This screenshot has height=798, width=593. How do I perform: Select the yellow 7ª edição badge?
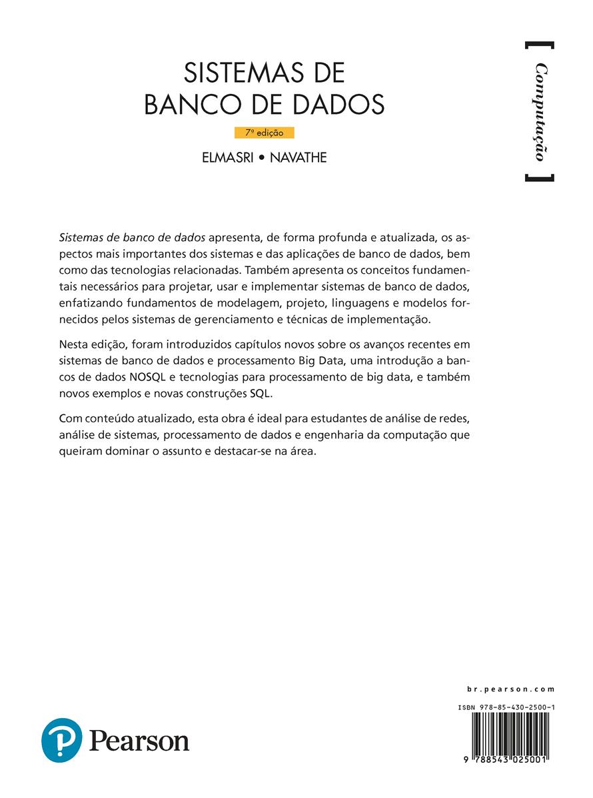click(265, 133)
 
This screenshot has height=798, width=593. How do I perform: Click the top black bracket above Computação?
click(539, 45)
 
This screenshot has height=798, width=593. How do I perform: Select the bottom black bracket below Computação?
click(539, 178)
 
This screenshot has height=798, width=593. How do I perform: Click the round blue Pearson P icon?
click(61, 740)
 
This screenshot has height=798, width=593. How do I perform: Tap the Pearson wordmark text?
click(139, 741)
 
